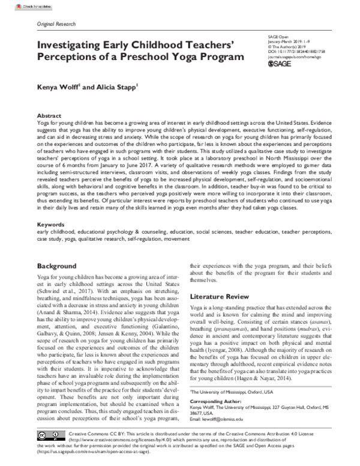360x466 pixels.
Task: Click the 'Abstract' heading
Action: click(49, 114)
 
